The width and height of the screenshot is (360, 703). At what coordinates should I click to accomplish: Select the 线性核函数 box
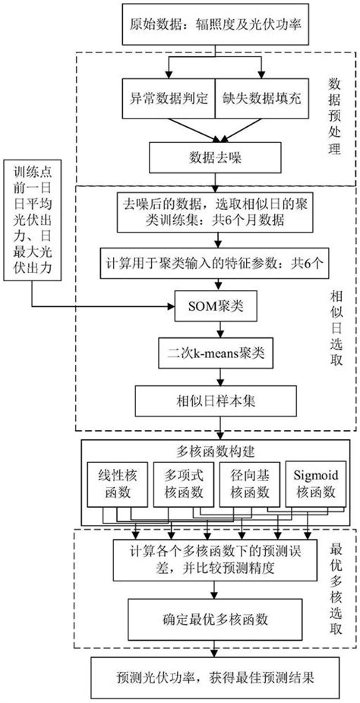click(x=118, y=484)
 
